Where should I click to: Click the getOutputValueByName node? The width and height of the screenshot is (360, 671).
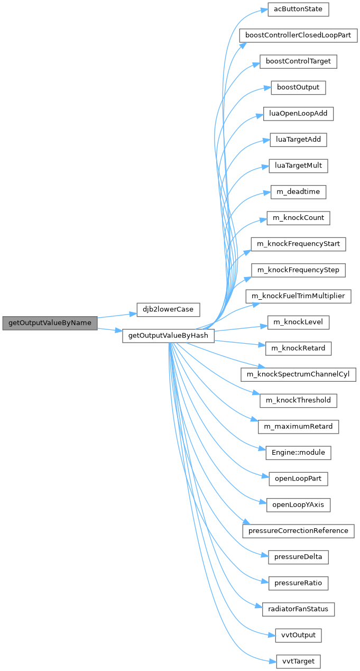tap(50, 323)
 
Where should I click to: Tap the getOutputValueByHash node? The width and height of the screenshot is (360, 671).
tap(168, 336)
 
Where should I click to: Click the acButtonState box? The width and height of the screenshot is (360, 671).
tap(298, 10)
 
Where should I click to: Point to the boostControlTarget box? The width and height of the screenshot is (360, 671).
tap(298, 61)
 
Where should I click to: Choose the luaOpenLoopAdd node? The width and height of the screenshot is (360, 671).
tap(298, 113)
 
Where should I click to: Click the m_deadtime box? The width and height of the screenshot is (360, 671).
tap(298, 191)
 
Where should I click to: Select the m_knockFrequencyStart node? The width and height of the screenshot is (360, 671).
tap(298, 244)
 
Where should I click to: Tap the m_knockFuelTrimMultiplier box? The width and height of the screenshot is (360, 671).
tap(298, 296)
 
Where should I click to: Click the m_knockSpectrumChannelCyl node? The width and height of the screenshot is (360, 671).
tap(298, 374)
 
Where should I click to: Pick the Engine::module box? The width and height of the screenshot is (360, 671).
tap(298, 453)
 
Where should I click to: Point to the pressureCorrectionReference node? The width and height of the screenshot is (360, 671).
tap(298, 530)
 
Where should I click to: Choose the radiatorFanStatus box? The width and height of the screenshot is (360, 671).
tap(298, 609)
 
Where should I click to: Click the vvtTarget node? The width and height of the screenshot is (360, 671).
tap(298, 661)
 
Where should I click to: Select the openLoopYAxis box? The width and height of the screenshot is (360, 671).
tap(298, 504)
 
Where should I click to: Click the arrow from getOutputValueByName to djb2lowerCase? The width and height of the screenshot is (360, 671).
tap(116, 316)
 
